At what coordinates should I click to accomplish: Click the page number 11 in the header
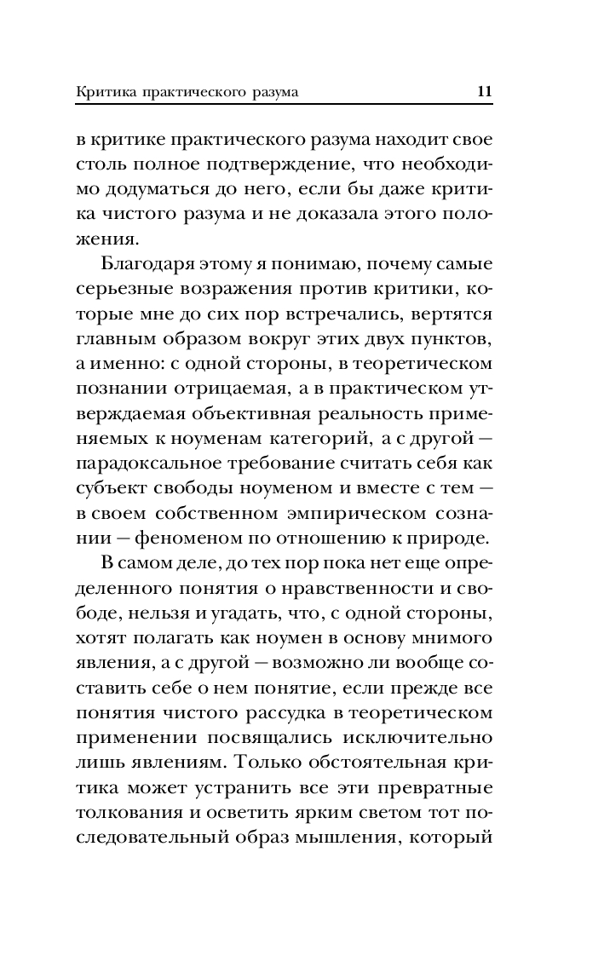click(486, 91)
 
